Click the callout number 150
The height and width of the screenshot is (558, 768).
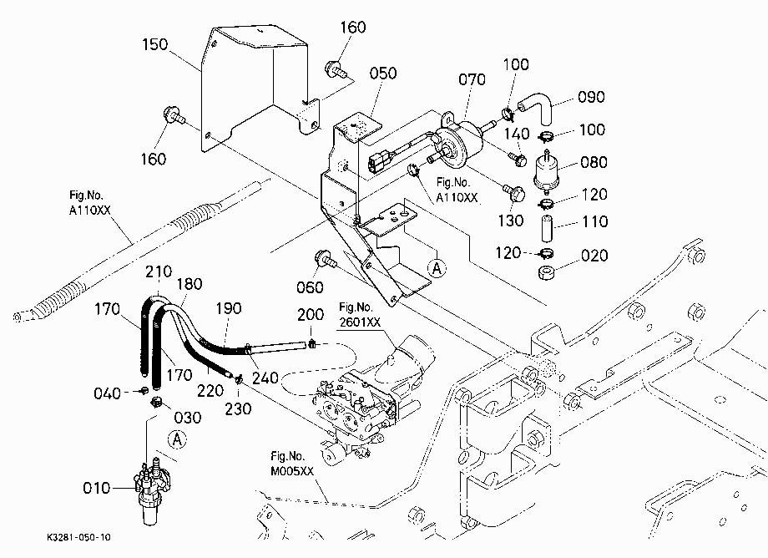click(154, 44)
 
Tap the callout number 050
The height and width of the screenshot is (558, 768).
click(383, 74)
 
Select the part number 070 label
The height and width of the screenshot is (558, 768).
click(472, 79)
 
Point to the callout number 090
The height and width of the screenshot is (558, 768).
click(591, 97)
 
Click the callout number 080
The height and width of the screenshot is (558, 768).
click(594, 162)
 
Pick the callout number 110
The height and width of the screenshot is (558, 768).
click(595, 222)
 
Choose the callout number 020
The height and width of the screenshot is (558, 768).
click(594, 256)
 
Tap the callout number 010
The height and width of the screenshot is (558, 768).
click(97, 488)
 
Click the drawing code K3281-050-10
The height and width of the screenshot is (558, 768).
click(78, 537)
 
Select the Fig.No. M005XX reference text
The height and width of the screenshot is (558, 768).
click(292, 464)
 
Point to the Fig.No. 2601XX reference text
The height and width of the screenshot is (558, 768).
click(360, 315)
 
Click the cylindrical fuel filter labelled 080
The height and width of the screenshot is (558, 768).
click(546, 171)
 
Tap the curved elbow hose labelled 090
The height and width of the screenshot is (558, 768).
click(538, 107)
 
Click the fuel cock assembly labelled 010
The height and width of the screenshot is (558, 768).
click(149, 490)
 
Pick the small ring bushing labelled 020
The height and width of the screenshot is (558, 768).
click(546, 272)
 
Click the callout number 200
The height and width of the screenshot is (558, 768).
click(311, 315)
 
